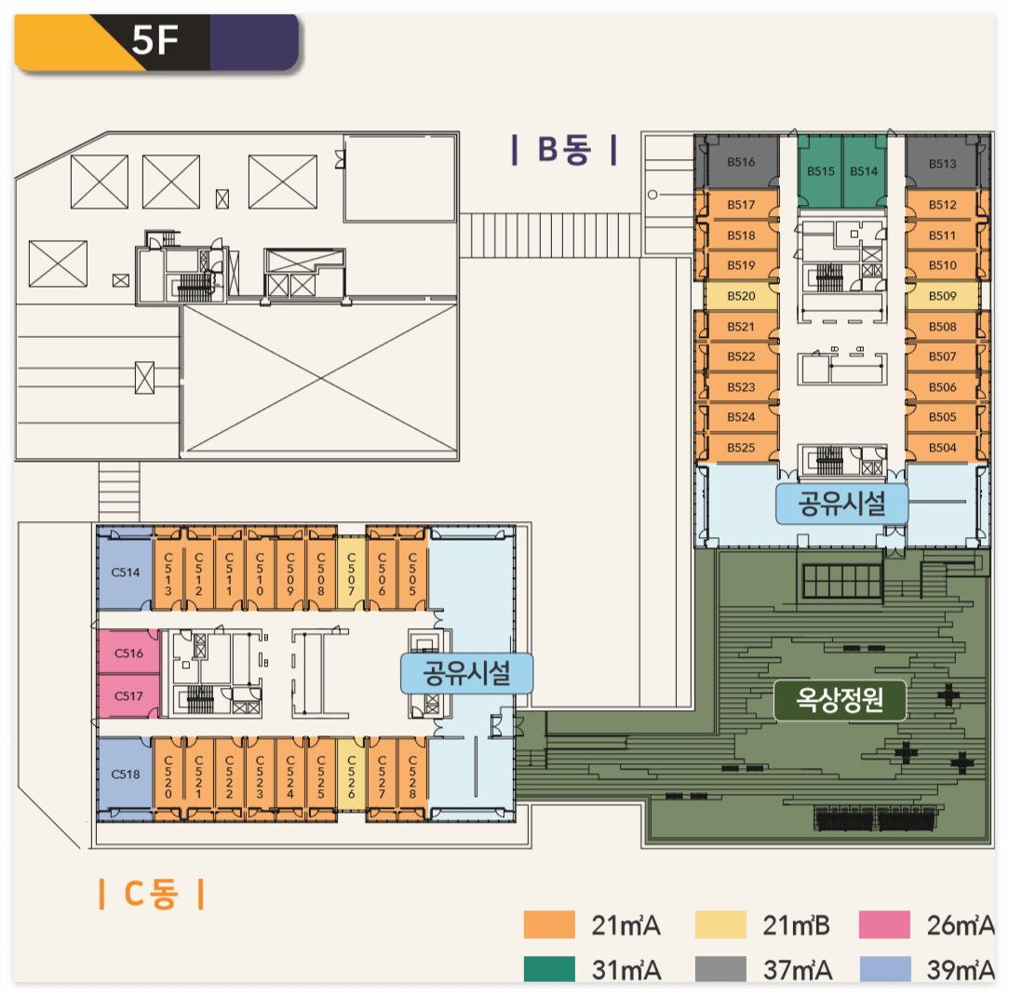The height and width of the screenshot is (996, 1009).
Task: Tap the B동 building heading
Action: (564, 150)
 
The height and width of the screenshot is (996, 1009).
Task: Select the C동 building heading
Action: (151, 895)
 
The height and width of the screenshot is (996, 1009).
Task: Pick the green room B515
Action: (820, 171)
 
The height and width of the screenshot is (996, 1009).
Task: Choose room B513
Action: (942, 164)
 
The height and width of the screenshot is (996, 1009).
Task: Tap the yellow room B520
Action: (740, 296)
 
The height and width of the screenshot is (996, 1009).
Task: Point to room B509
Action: (942, 296)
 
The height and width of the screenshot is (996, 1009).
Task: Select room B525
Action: (740, 448)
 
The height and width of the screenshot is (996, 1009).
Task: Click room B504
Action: (942, 448)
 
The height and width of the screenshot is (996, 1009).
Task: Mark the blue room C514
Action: (126, 572)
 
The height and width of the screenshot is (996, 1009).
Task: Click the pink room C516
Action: (128, 653)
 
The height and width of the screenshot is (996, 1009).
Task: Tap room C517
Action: (128, 695)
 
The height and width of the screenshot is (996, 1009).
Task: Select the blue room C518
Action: (126, 774)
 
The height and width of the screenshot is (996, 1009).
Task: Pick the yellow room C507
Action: (351, 572)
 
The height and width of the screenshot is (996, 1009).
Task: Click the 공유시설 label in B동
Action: (841, 505)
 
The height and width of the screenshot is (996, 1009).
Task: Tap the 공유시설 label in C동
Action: (466, 672)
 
